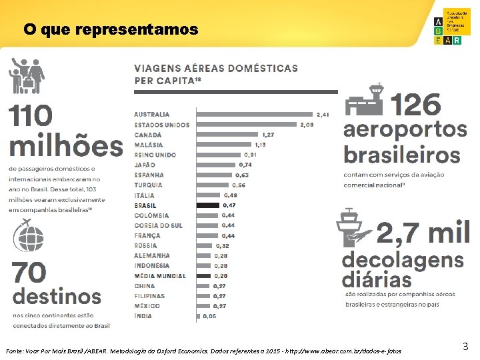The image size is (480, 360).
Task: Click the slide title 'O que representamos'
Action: point(111,30)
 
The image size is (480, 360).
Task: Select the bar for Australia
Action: point(256,114)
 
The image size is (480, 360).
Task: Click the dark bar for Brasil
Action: point(209,205)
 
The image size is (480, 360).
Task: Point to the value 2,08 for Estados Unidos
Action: point(307,125)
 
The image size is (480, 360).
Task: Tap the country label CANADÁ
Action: point(148,135)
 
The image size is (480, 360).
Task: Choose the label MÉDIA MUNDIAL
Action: point(160,276)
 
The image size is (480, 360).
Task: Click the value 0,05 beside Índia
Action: point(209,316)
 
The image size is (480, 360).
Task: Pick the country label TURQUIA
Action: point(148,185)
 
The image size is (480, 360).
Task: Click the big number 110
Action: point(31,116)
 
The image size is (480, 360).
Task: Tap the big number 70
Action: point(29,272)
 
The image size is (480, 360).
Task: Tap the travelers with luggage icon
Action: point(26,75)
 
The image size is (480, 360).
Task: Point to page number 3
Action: point(465,345)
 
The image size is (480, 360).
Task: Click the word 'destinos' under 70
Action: point(57,295)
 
